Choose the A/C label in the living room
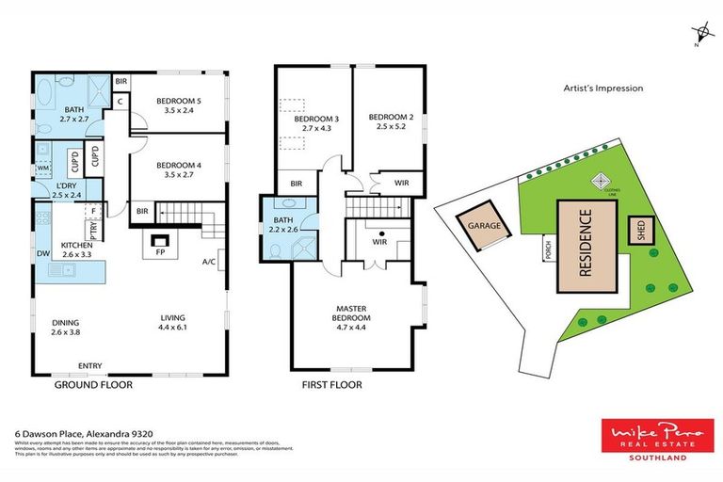[x=209, y=262]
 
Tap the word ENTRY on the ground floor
[x=91, y=366]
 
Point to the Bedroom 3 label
[x=315, y=124]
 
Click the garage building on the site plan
[x=483, y=227]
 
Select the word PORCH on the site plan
[x=547, y=248]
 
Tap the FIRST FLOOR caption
[x=331, y=385]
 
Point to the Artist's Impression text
[x=602, y=88]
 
